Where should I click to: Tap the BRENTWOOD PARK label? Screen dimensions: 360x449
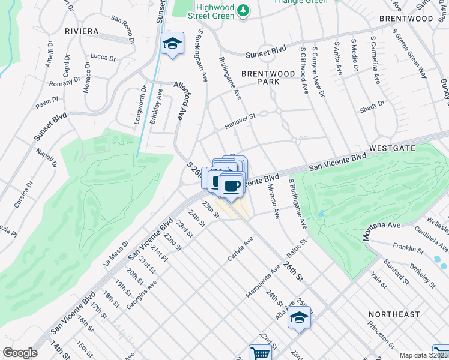click(268, 77)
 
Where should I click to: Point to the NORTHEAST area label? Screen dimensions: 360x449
click(394, 314)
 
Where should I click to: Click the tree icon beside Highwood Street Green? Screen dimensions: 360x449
click(243, 10)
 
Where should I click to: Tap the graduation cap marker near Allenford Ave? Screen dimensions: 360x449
click(172, 43)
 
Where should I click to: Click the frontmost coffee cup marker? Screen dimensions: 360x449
click(231, 186)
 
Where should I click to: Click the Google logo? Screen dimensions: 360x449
click(20, 353)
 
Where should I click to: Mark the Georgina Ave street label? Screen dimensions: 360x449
click(141, 294)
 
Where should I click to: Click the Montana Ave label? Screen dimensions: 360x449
click(381, 232)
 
